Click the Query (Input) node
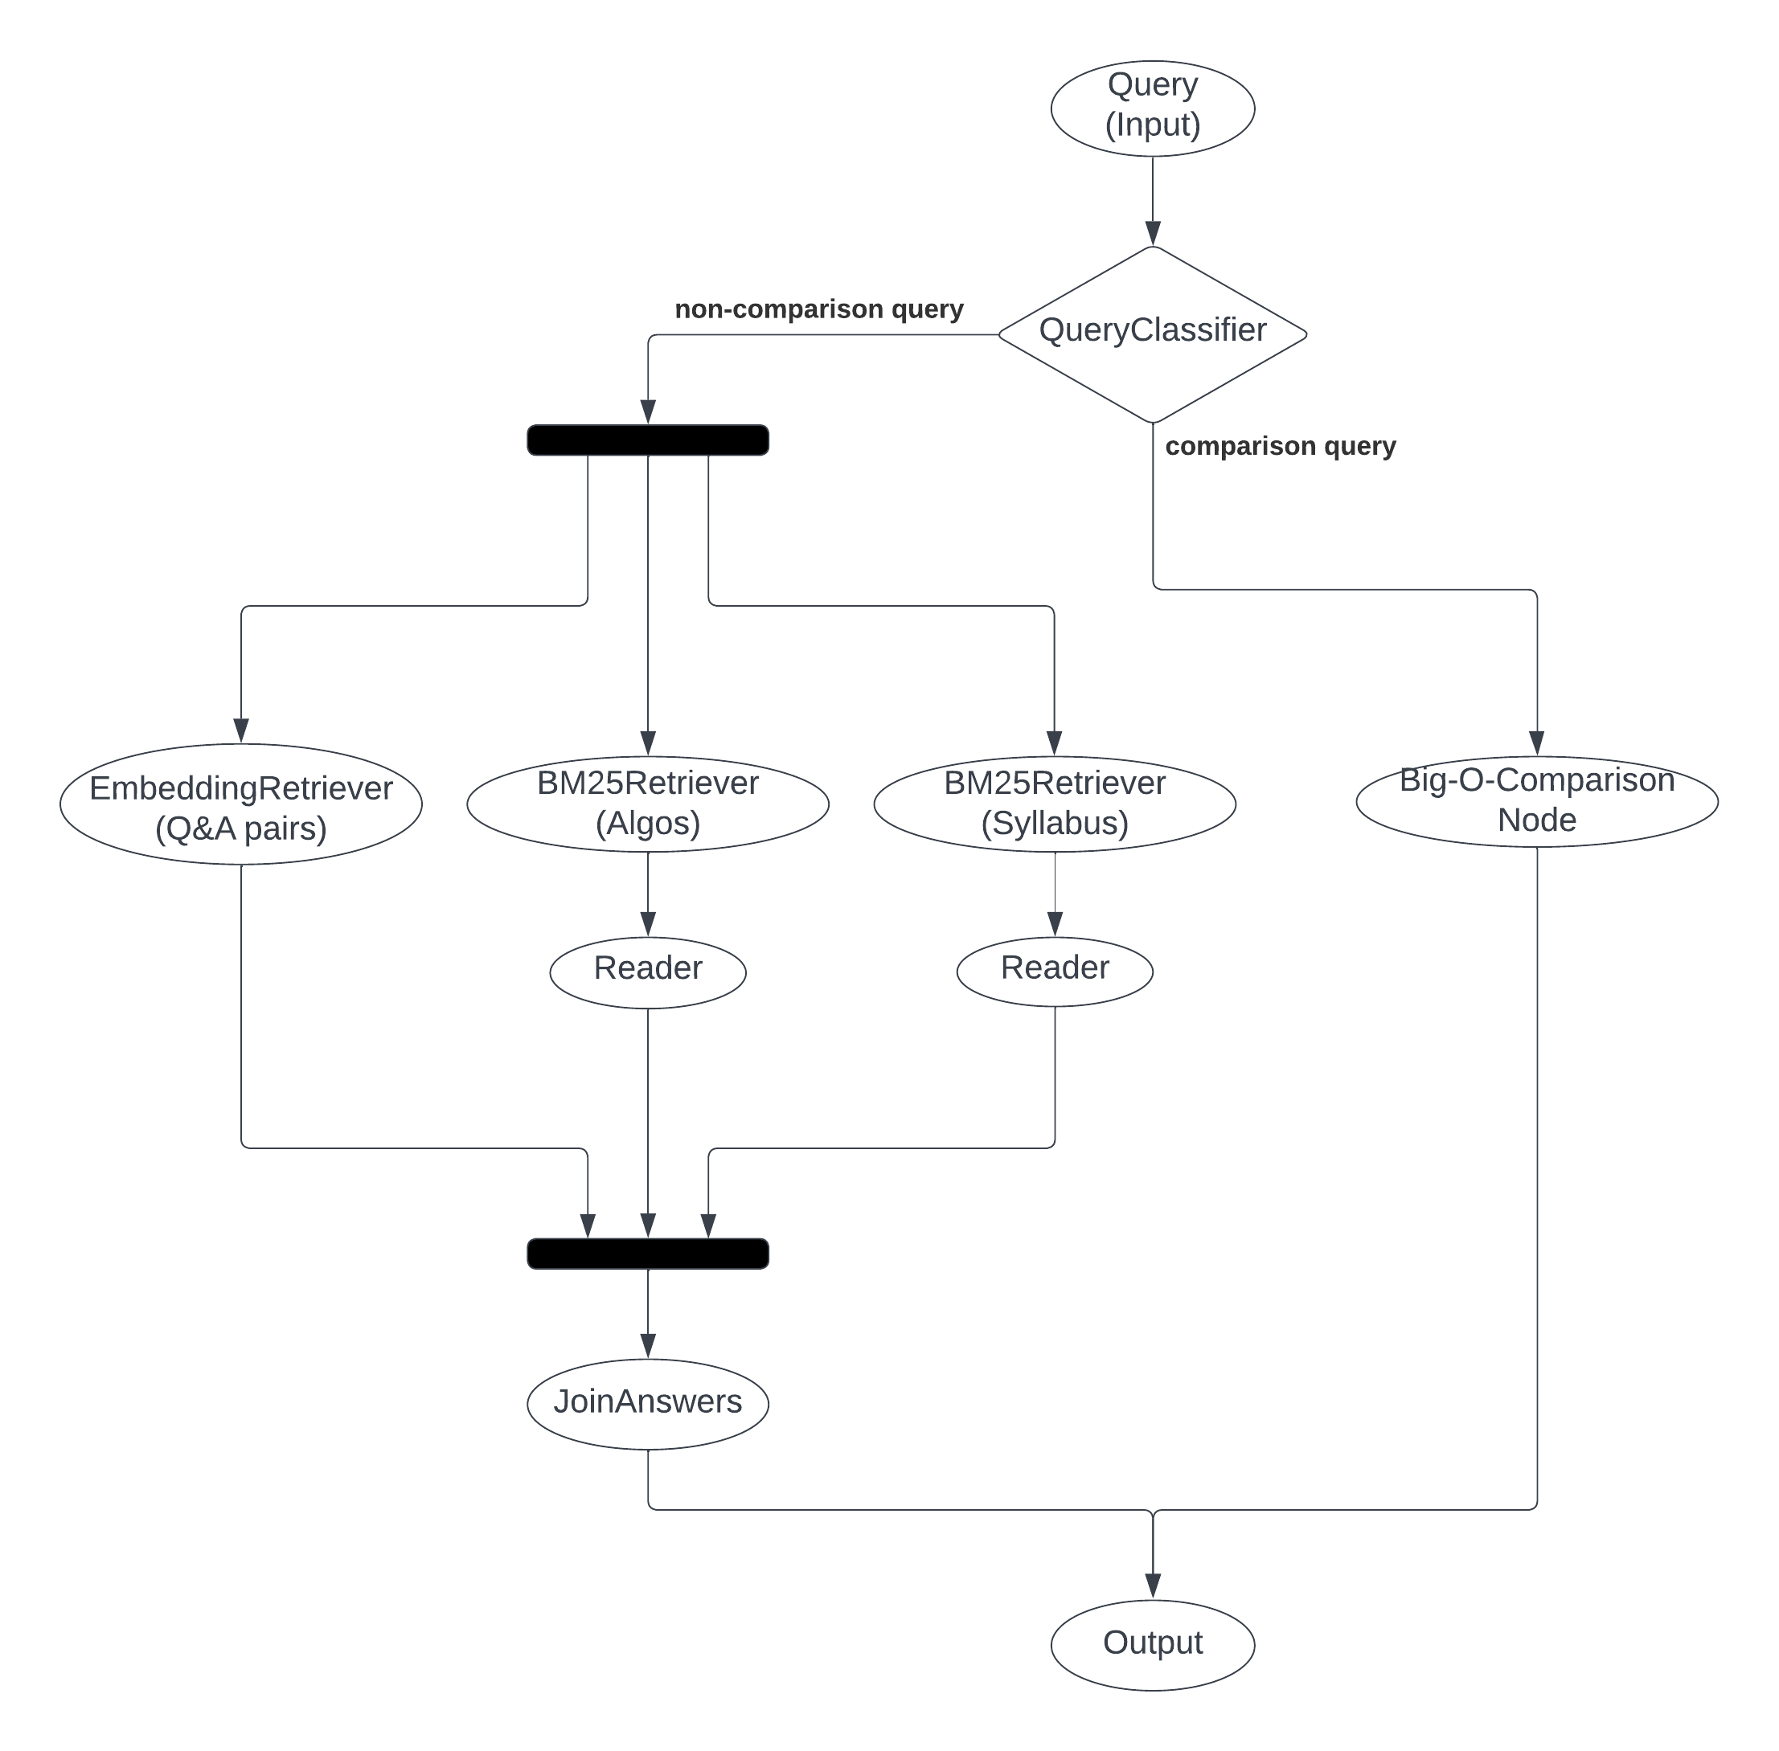click(x=1152, y=108)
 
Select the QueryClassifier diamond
click(x=1152, y=333)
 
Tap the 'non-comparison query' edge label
click(x=818, y=309)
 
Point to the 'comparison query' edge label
click(x=1280, y=446)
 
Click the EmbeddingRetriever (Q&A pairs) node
click(x=241, y=804)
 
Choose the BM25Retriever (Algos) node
click(x=648, y=804)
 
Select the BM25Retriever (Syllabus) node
click(x=1054, y=804)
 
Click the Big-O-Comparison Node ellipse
click(x=1536, y=800)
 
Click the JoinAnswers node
click(x=648, y=1401)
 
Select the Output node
click(x=1152, y=1643)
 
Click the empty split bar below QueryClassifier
click(x=648, y=440)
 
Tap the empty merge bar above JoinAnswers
click(x=648, y=1254)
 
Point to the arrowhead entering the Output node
click(x=1153, y=1585)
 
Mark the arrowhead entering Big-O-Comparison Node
click(x=1536, y=743)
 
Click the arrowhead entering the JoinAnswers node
click(x=648, y=1345)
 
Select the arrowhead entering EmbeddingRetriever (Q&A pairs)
click(x=241, y=730)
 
